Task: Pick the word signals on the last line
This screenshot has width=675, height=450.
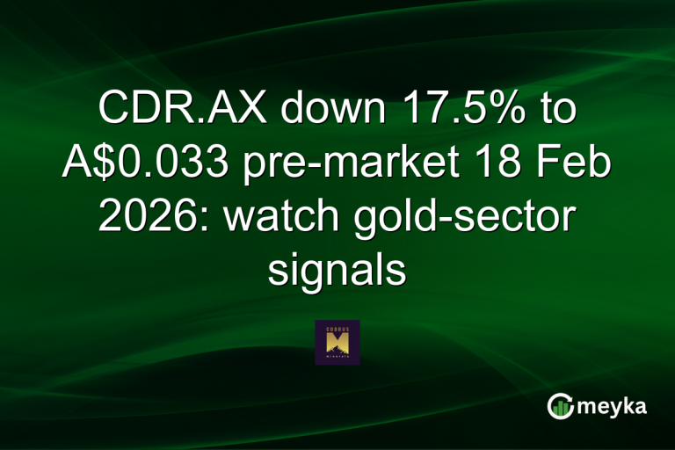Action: (337, 269)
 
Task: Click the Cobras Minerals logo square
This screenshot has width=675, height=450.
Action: (337, 342)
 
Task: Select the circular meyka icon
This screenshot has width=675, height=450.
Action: (559, 406)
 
